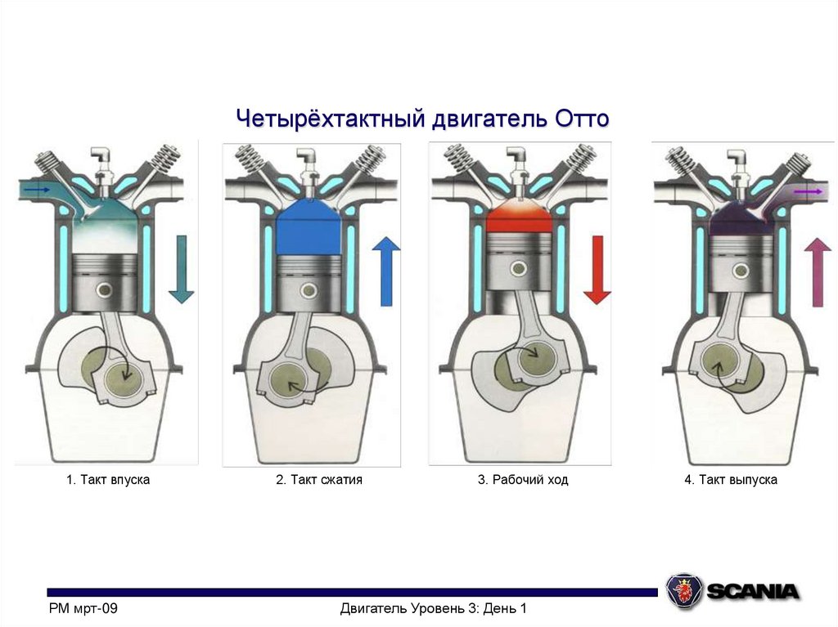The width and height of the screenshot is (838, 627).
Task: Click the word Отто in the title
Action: click(x=582, y=118)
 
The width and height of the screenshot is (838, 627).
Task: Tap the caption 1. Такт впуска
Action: click(x=108, y=480)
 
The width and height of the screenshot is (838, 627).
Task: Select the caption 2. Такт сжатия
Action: click(x=319, y=480)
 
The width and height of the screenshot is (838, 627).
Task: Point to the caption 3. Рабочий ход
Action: click(x=523, y=480)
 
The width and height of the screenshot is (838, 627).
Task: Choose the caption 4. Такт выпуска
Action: click(x=731, y=480)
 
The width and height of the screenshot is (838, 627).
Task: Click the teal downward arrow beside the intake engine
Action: click(x=181, y=270)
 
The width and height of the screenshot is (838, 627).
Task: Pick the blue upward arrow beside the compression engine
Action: click(x=386, y=272)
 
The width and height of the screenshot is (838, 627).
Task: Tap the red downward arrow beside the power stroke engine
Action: click(x=597, y=270)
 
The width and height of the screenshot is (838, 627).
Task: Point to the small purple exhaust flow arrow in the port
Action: click(x=808, y=191)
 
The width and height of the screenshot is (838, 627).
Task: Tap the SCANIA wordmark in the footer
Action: click(x=753, y=591)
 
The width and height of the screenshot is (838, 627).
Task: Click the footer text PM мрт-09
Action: click(x=83, y=608)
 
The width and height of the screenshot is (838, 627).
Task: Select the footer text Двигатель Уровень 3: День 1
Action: click(x=434, y=608)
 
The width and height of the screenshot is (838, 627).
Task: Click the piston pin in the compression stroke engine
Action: click(x=309, y=290)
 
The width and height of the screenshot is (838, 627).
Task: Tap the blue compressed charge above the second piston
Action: click(x=309, y=229)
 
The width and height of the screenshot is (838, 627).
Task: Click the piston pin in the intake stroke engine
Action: click(x=104, y=290)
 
